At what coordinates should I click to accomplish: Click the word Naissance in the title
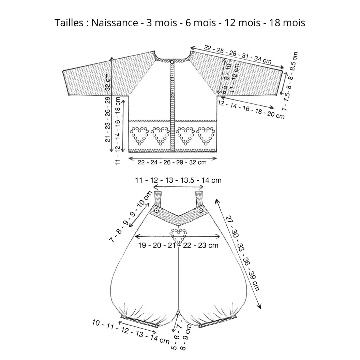pyautogui.click(x=115, y=23)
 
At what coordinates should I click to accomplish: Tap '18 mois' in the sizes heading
pyautogui.click(x=287, y=23)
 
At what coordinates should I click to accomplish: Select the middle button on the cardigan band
pyautogui.click(x=172, y=79)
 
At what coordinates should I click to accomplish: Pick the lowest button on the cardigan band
pyautogui.click(x=172, y=95)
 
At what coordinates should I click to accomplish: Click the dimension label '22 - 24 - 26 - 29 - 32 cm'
pyautogui.click(x=172, y=162)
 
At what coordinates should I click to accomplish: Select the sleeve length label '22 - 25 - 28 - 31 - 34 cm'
pyautogui.click(x=238, y=55)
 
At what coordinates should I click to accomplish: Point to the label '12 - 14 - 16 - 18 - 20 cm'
pyautogui.click(x=251, y=110)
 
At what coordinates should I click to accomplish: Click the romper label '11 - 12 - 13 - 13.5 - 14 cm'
pyautogui.click(x=178, y=180)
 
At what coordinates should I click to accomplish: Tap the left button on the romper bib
pyautogui.click(x=156, y=211)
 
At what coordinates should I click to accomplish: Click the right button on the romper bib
pyautogui.click(x=201, y=210)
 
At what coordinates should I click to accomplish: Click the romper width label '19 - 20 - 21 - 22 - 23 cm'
pyautogui.click(x=178, y=245)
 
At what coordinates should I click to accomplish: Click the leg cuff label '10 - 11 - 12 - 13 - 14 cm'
pyautogui.click(x=131, y=331)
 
